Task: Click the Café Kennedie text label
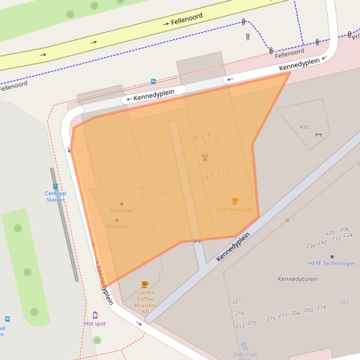(x=235, y=209)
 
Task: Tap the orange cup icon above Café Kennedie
(x=235, y=201)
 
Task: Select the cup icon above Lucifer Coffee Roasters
(x=145, y=284)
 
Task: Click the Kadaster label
(x=122, y=210)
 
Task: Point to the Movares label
(x=117, y=226)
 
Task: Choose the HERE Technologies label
(x=332, y=263)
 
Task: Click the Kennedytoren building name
(x=297, y=279)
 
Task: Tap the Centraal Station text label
(x=55, y=196)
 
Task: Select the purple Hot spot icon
(x=95, y=315)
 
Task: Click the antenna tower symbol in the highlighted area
(x=205, y=157)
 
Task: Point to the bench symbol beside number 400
(x=318, y=135)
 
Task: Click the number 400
(x=304, y=127)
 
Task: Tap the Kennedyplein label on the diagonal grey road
(x=233, y=246)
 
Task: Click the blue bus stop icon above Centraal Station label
(x=55, y=186)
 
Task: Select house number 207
(x=344, y=302)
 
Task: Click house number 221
(x=236, y=302)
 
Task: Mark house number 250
(x=311, y=245)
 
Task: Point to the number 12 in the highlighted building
(x=206, y=143)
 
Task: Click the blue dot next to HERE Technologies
(x=332, y=257)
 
